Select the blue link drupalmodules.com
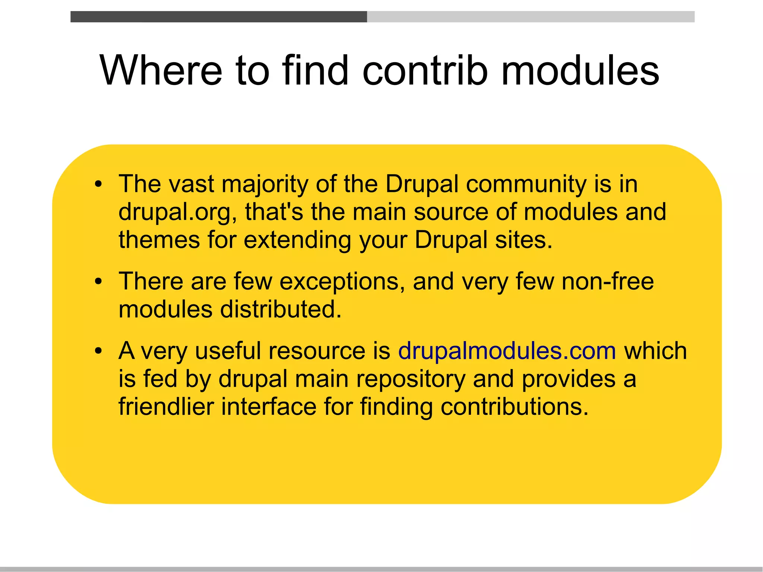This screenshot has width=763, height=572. pyautogui.click(x=507, y=351)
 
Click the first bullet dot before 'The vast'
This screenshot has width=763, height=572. pyautogui.click(x=98, y=184)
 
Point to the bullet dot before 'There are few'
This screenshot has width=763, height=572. pyautogui.click(x=98, y=282)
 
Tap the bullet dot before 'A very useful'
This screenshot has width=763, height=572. pyautogui.click(x=98, y=351)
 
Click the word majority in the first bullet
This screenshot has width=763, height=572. pyautogui.click(x=265, y=184)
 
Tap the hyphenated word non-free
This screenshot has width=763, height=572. pyautogui.click(x=607, y=282)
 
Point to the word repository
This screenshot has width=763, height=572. pyautogui.click(x=411, y=379)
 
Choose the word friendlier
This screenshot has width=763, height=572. pyautogui.click(x=166, y=407)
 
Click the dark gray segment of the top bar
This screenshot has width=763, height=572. pyautogui.click(x=218, y=17)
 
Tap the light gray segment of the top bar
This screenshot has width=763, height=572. pyautogui.click(x=531, y=17)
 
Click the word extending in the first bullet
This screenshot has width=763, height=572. pyautogui.click(x=297, y=240)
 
